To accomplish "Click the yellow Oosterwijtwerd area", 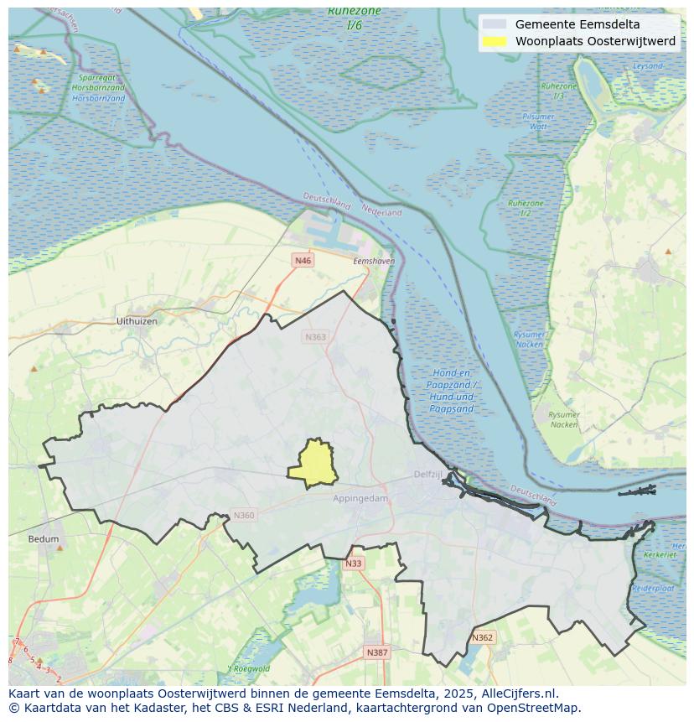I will point(313,464).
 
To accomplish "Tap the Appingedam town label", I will point(360,498).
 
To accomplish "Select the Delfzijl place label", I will point(427,474).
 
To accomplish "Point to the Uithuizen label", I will point(137,321).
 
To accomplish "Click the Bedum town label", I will point(44,539).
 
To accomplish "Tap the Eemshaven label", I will point(374,262).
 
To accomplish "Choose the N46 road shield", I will point(303,261).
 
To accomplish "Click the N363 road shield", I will point(315,336).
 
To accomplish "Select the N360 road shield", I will point(244,516).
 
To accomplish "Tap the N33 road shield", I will point(354,564).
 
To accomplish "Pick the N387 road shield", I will point(377,652).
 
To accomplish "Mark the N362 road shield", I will point(483,637).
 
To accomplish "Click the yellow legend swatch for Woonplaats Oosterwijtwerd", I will point(495,41).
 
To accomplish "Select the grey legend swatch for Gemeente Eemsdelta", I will point(495,24).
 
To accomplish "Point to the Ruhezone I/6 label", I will point(354,18).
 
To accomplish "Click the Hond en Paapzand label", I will point(453,391).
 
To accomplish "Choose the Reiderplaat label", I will point(653,589).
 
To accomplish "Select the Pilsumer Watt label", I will point(537,121).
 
